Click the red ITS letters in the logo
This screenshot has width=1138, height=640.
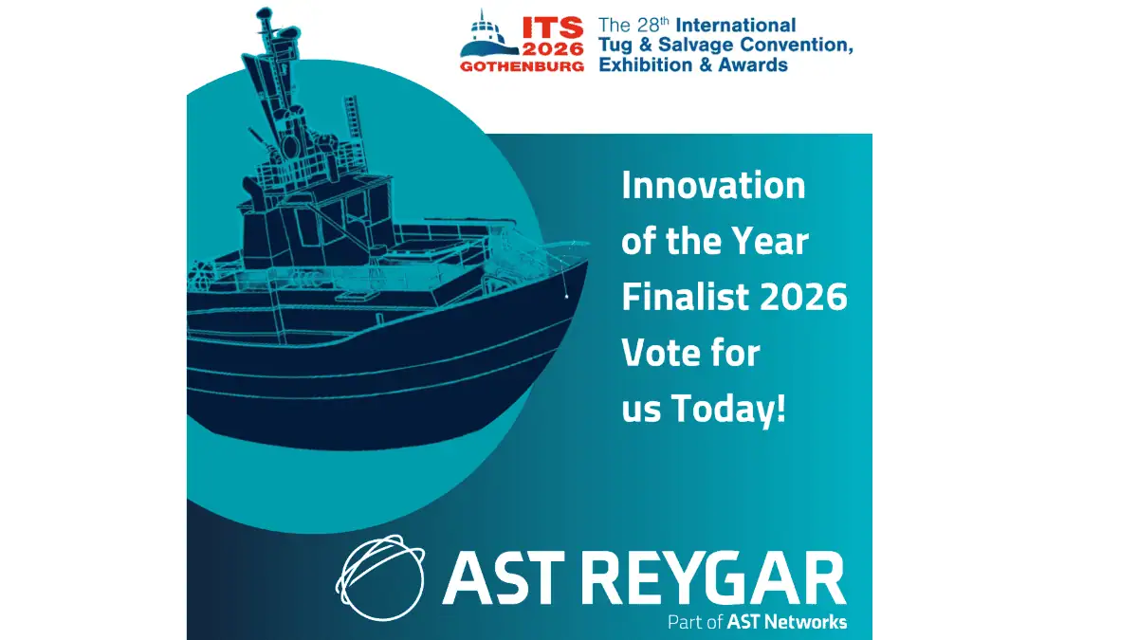click(553, 27)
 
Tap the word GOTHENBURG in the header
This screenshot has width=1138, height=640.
click(522, 66)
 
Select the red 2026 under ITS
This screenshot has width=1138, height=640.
click(553, 49)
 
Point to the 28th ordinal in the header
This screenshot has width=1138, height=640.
click(653, 25)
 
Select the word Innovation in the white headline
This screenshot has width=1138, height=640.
click(713, 185)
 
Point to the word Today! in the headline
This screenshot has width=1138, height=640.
click(728, 409)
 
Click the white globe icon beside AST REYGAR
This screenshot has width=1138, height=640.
click(380, 577)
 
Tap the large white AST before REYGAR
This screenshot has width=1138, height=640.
click(504, 577)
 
